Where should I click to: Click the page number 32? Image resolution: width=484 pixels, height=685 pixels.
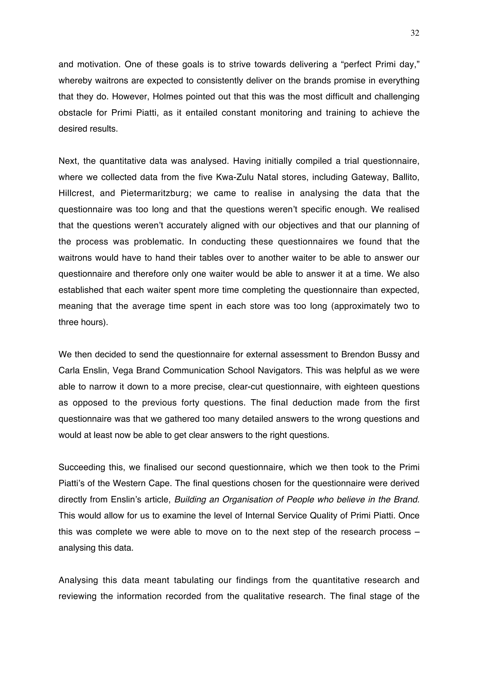[x=415, y=33]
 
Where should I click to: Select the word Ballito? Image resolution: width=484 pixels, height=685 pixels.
[x=406, y=177]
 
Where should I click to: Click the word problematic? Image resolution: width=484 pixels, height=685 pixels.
[x=158, y=242]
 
